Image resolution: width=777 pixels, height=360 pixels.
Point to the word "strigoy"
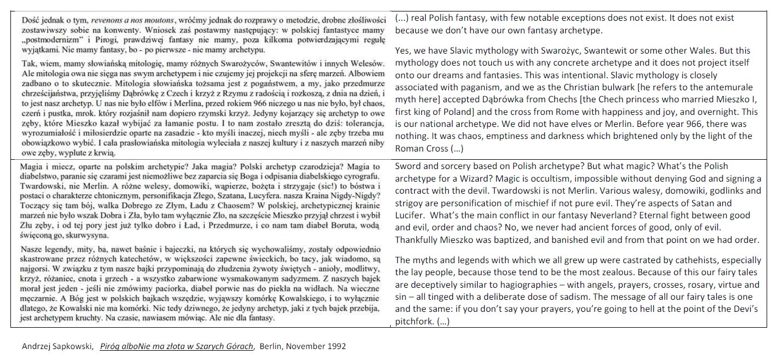[x=410, y=203]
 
